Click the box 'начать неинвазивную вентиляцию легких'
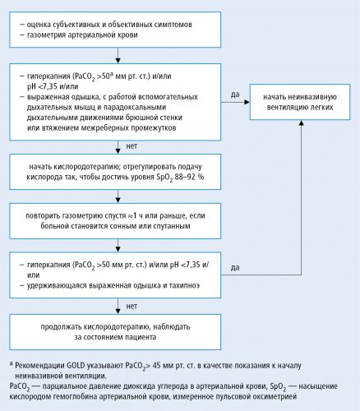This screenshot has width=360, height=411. pos(300,102)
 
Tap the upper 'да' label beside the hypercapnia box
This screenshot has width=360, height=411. pos(235,95)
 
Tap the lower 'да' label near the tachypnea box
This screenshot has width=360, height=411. pos(235,267)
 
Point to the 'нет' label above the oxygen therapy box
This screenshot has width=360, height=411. pos(132,146)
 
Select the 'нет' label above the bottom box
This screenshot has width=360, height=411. pos(132,306)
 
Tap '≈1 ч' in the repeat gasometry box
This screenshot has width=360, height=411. pos(135,215)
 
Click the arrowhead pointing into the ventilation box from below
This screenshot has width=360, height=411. pos(302,122)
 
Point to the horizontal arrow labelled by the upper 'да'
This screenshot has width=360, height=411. pos(235,102)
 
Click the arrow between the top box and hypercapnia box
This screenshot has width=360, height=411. pos(118,55)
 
